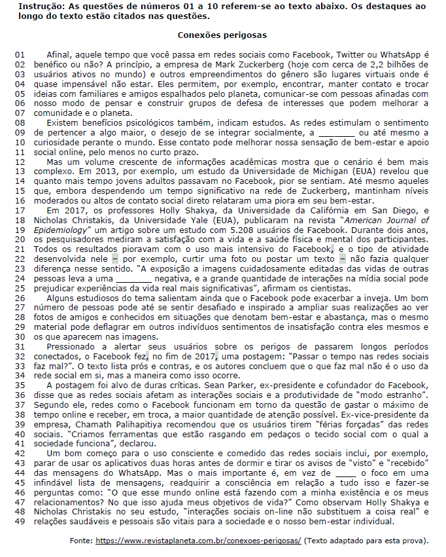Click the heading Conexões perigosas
tap(222, 34)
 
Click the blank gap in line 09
tap(339, 133)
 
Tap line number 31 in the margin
tap(19, 346)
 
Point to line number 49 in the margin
tap(19, 522)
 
